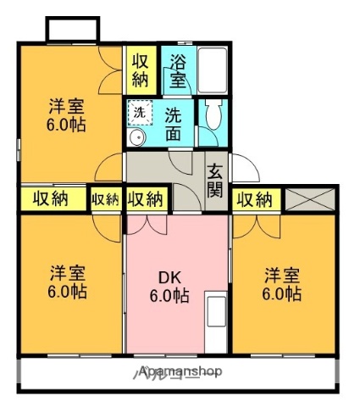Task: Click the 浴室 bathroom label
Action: click(x=178, y=71)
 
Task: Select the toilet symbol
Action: click(x=212, y=120)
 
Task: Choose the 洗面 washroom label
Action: click(x=173, y=123)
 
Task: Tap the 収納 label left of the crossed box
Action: click(x=254, y=200)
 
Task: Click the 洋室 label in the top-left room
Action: click(x=64, y=107)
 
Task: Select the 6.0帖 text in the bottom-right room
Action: click(x=281, y=293)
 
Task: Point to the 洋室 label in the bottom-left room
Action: click(x=65, y=273)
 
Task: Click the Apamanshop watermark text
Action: click(x=180, y=371)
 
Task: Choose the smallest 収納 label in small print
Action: click(x=106, y=199)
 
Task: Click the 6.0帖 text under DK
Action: click(x=169, y=297)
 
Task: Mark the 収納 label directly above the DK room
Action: click(x=145, y=200)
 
